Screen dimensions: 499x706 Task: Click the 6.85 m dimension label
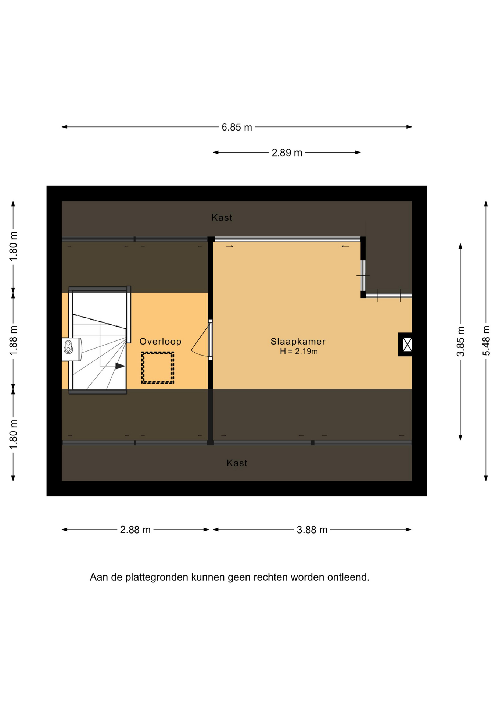coord(237,127)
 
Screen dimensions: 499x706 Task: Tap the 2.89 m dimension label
coord(287,153)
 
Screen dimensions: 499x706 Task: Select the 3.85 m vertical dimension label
coord(460,342)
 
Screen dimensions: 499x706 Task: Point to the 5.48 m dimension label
coord(486,341)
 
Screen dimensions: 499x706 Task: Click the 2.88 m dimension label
coord(135,530)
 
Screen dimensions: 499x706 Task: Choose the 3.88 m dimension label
coord(312,530)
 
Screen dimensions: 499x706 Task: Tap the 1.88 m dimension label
coord(13,340)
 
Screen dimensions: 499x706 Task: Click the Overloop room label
coord(160,342)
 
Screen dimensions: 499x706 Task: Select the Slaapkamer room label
coord(298,342)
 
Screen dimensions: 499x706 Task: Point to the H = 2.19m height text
coord(299,352)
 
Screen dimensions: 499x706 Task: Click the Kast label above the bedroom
coord(222,218)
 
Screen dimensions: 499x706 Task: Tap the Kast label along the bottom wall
coord(237,463)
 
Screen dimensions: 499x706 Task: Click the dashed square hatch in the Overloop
coord(158,368)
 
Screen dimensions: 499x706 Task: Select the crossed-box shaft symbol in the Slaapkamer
coord(405,345)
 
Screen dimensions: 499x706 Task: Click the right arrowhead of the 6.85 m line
coord(409,127)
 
